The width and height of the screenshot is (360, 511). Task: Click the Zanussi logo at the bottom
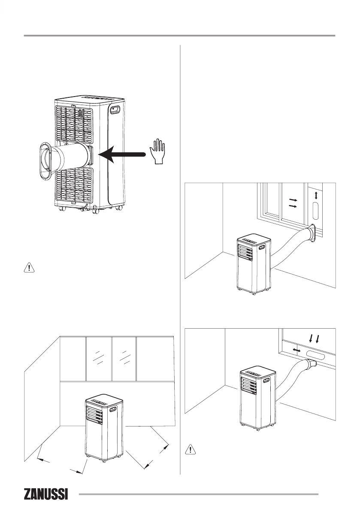click(x=46, y=494)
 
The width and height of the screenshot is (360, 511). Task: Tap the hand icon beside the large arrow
click(x=157, y=151)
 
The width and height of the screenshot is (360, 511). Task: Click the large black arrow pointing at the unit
click(x=122, y=154)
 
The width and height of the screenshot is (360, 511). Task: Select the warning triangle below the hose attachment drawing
click(x=29, y=268)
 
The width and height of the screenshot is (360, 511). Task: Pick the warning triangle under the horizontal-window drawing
click(x=190, y=449)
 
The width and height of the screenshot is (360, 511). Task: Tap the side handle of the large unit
click(x=115, y=109)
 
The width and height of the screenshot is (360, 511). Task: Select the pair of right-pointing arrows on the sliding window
click(x=293, y=203)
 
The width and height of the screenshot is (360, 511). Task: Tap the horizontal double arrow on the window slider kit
click(x=296, y=350)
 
